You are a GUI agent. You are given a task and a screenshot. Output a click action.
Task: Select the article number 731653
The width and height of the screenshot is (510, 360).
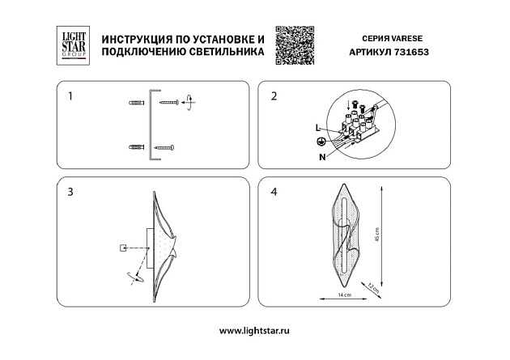[x=412, y=50]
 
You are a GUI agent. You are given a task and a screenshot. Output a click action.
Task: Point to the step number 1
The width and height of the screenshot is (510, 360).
[x=70, y=96]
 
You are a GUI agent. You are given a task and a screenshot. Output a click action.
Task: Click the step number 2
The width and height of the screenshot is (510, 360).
[x=274, y=96]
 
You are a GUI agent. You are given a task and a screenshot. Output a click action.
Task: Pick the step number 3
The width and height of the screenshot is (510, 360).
[x=71, y=192]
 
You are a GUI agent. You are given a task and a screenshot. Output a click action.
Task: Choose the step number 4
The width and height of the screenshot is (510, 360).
[x=274, y=192]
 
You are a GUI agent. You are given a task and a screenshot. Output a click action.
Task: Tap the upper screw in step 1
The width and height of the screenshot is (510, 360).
[x=170, y=103]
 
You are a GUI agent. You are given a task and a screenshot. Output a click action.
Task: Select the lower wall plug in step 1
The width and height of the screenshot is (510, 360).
[x=135, y=147]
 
